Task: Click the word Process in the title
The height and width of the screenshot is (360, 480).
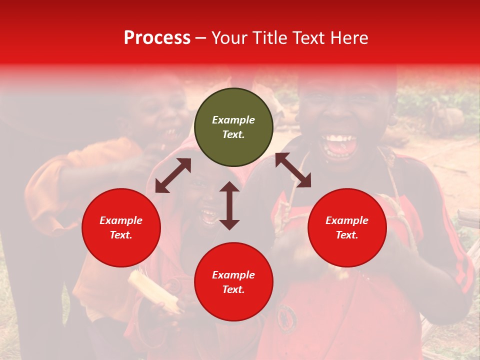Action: tap(157, 38)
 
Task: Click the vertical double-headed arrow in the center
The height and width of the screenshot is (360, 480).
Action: tap(229, 205)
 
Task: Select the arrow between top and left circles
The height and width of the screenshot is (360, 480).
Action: tap(173, 175)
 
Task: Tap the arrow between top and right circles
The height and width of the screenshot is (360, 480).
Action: tap(293, 170)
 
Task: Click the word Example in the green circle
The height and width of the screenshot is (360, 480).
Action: tap(233, 120)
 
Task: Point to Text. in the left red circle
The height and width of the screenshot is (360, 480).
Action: tap(121, 235)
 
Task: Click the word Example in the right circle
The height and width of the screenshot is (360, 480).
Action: tap(347, 220)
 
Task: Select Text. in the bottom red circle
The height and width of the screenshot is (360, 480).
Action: tap(233, 289)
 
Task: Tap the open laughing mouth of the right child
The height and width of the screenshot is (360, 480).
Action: tap(339, 145)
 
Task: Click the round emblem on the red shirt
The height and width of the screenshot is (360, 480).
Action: tap(287, 316)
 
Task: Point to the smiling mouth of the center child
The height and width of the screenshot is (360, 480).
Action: tap(208, 215)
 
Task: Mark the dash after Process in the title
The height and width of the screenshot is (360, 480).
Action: tap(200, 38)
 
